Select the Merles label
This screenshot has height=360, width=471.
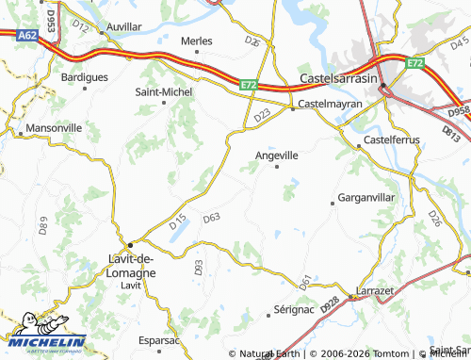(197, 41)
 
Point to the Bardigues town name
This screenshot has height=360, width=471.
(84, 76)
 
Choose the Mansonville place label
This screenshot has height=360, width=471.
(54, 126)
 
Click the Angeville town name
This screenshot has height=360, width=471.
(277, 155)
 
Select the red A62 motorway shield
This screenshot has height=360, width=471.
(27, 36)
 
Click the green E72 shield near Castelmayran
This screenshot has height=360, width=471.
(249, 84)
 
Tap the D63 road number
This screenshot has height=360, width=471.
(211, 218)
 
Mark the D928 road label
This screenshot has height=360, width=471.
(330, 305)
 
